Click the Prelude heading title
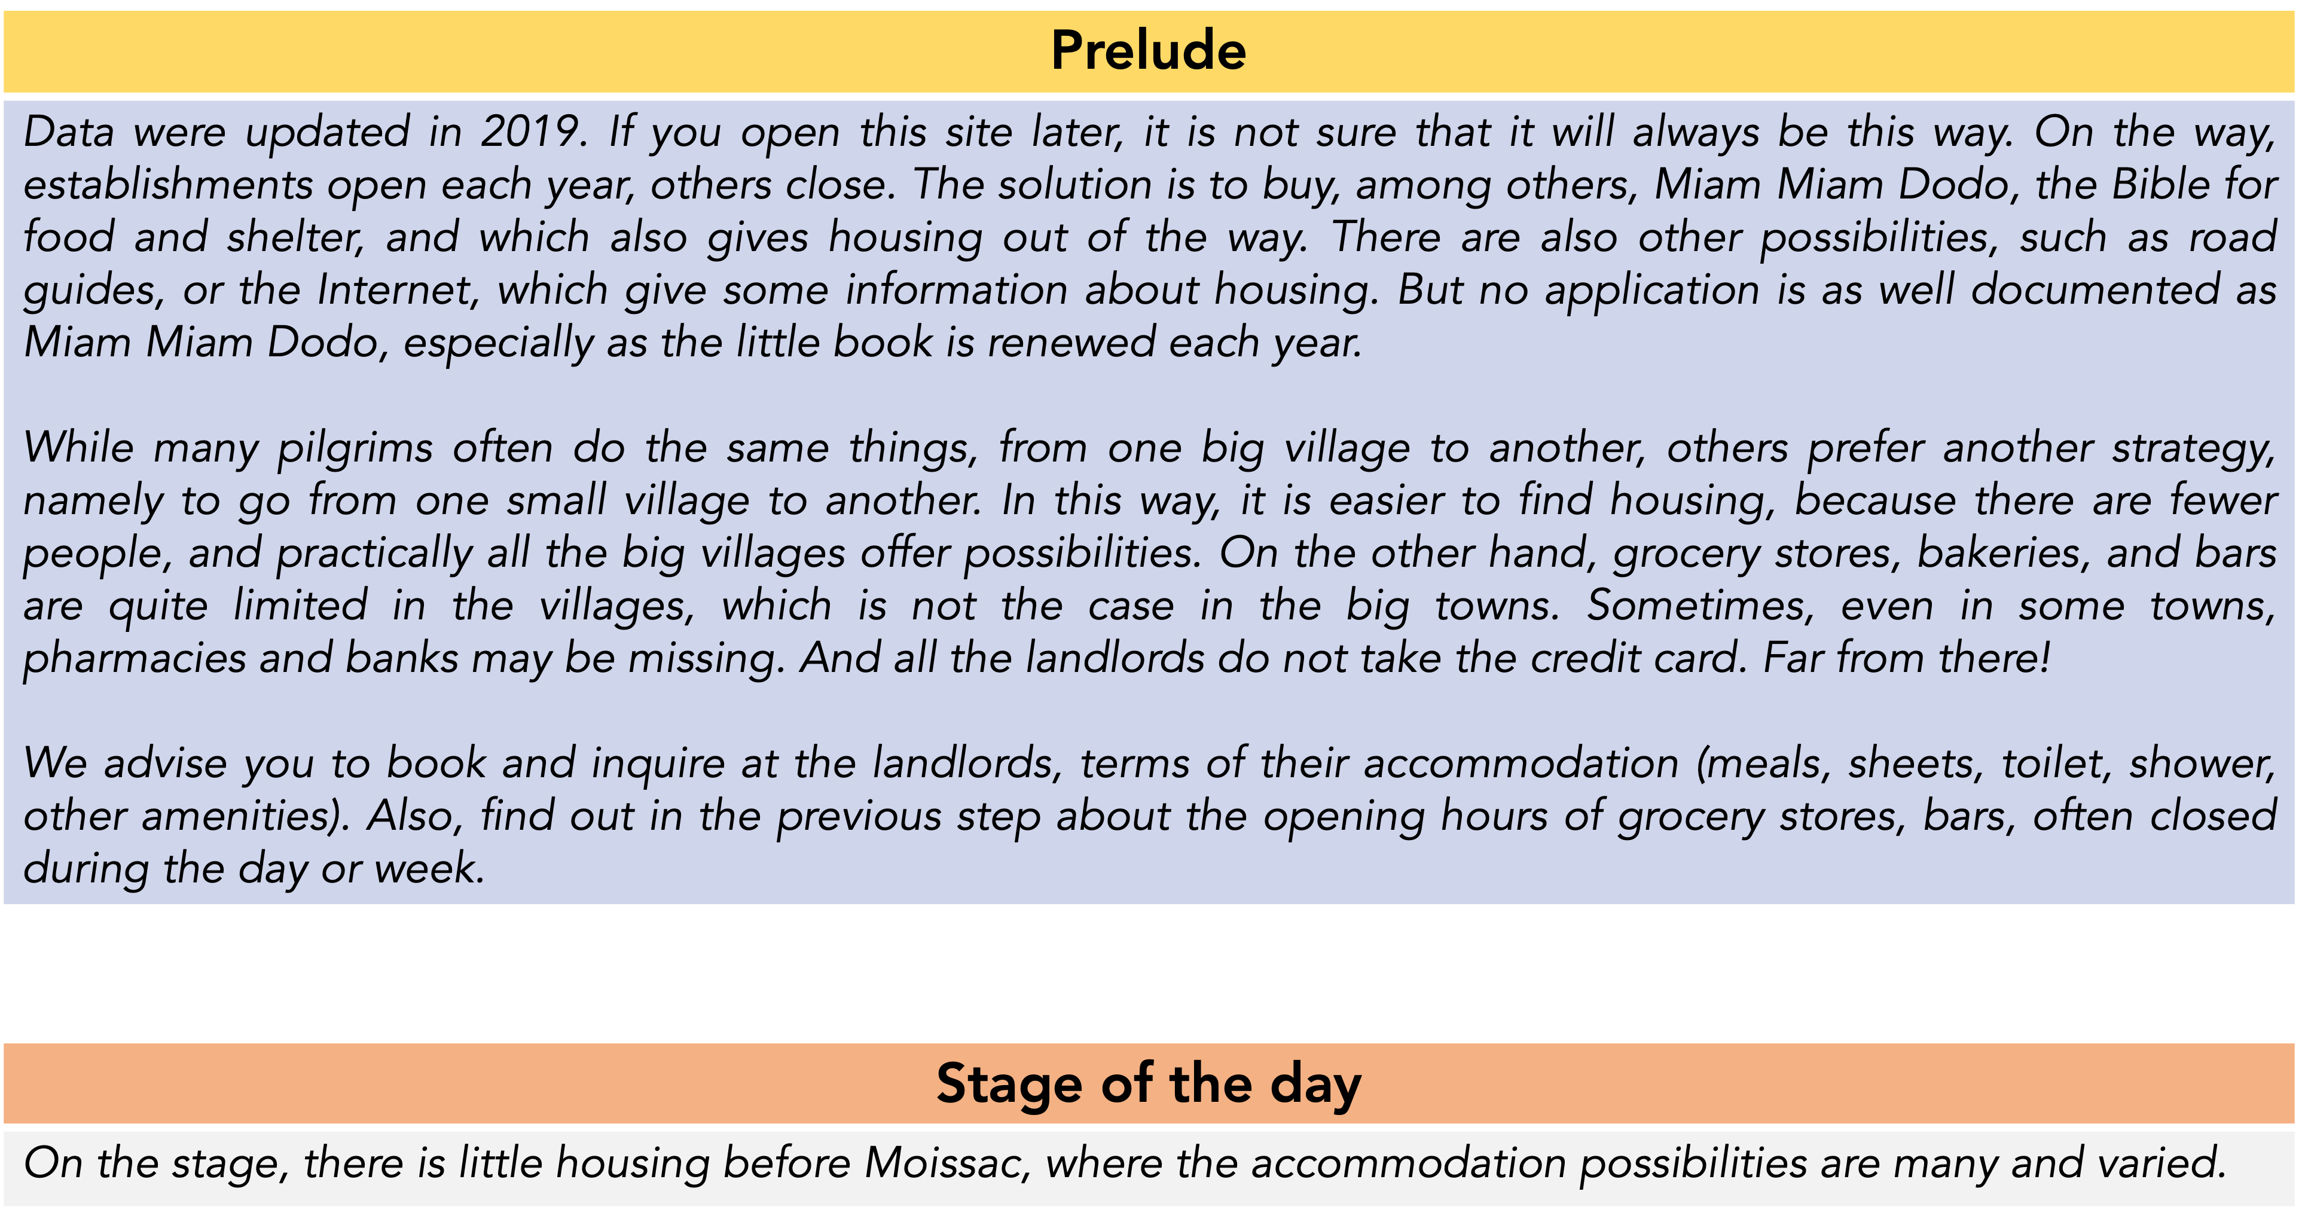[1149, 50]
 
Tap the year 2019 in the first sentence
[533, 132]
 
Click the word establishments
[168, 185]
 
